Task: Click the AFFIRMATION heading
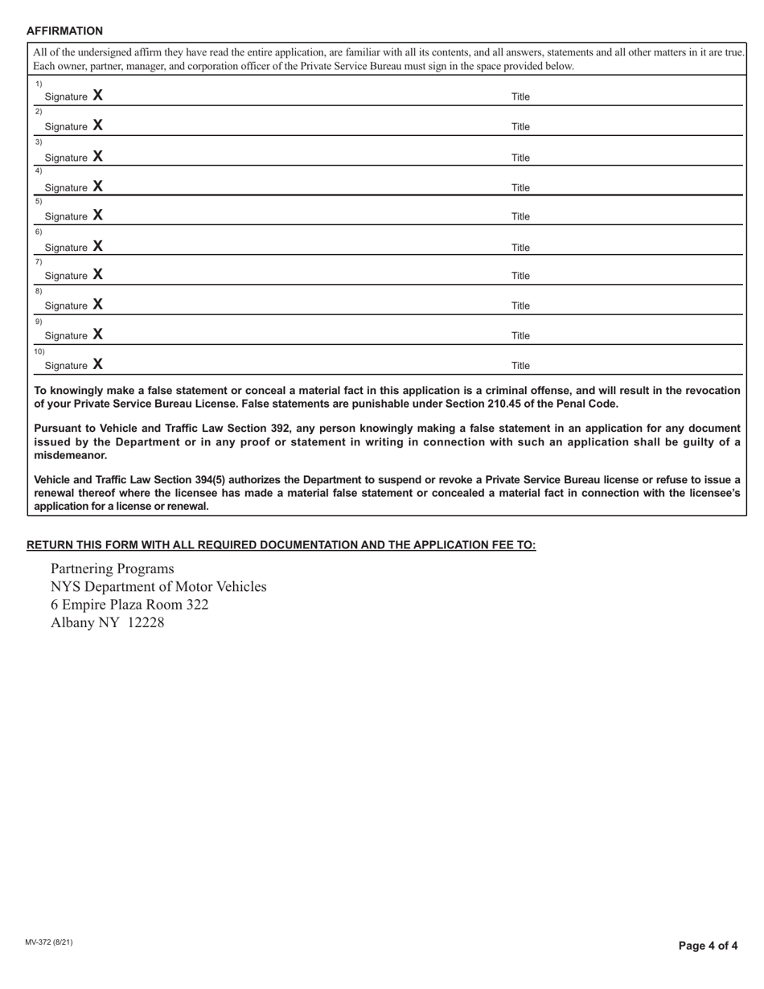click(x=64, y=31)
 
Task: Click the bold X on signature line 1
click(x=97, y=96)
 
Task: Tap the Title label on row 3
click(x=520, y=158)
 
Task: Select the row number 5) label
click(x=38, y=201)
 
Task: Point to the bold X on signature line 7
click(x=97, y=275)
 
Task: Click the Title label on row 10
click(x=520, y=366)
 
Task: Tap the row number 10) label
click(x=39, y=351)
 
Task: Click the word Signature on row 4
click(x=66, y=188)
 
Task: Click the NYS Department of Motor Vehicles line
click(x=158, y=587)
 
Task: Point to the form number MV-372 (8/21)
click(x=49, y=942)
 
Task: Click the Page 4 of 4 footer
click(x=708, y=946)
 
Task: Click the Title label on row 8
click(x=520, y=306)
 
